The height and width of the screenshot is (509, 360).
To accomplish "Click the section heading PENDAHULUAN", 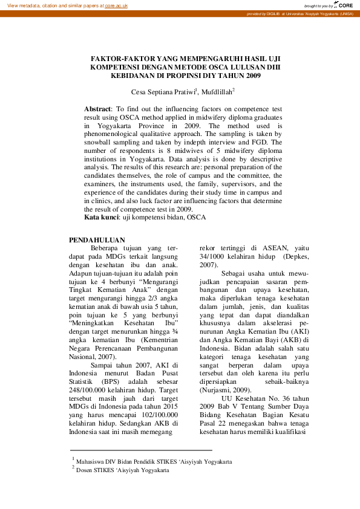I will click(97, 240).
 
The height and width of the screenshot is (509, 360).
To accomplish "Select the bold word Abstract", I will click(97, 108).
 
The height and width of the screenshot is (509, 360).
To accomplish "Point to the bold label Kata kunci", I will click(101, 216).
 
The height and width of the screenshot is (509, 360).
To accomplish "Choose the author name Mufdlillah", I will click(215, 92).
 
